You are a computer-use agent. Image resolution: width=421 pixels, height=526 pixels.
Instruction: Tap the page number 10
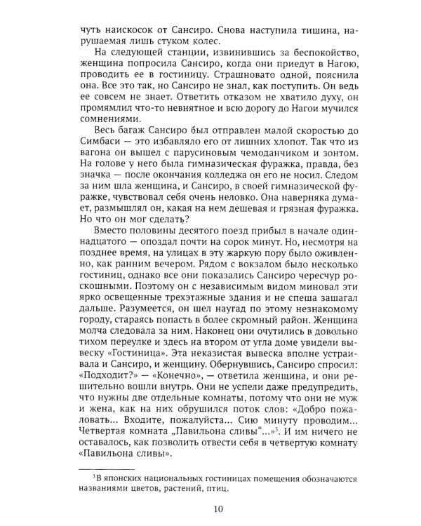(x=210, y=511)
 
